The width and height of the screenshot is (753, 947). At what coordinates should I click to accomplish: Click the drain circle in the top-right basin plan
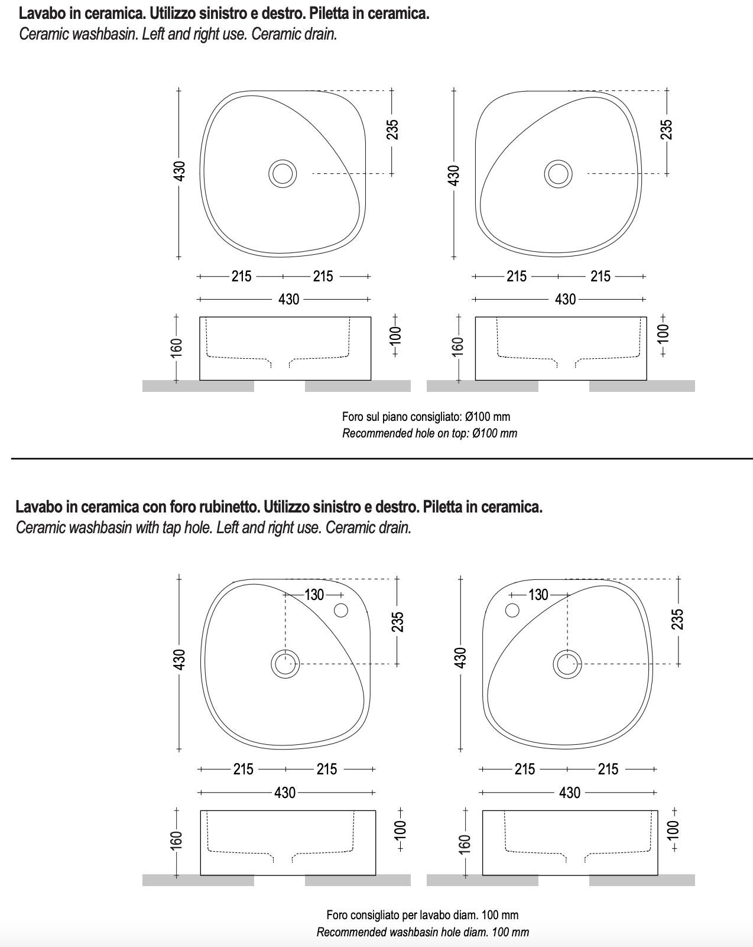(x=558, y=173)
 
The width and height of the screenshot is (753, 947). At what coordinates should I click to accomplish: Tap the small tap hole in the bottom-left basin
(x=341, y=610)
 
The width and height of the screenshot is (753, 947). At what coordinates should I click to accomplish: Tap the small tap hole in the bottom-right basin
(x=512, y=610)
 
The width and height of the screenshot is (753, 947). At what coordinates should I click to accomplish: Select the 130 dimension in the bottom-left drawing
(x=314, y=595)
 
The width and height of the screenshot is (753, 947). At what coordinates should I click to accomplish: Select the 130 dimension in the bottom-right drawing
(x=538, y=595)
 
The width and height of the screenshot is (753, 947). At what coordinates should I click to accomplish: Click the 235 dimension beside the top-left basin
(x=393, y=129)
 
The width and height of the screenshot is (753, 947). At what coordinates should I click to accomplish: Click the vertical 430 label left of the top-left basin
(x=180, y=171)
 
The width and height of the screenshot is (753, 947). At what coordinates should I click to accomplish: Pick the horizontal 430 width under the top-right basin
(x=565, y=299)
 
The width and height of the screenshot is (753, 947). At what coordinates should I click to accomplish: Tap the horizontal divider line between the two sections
(x=378, y=458)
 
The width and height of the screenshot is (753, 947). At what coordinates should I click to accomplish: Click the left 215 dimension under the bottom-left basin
(x=243, y=769)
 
